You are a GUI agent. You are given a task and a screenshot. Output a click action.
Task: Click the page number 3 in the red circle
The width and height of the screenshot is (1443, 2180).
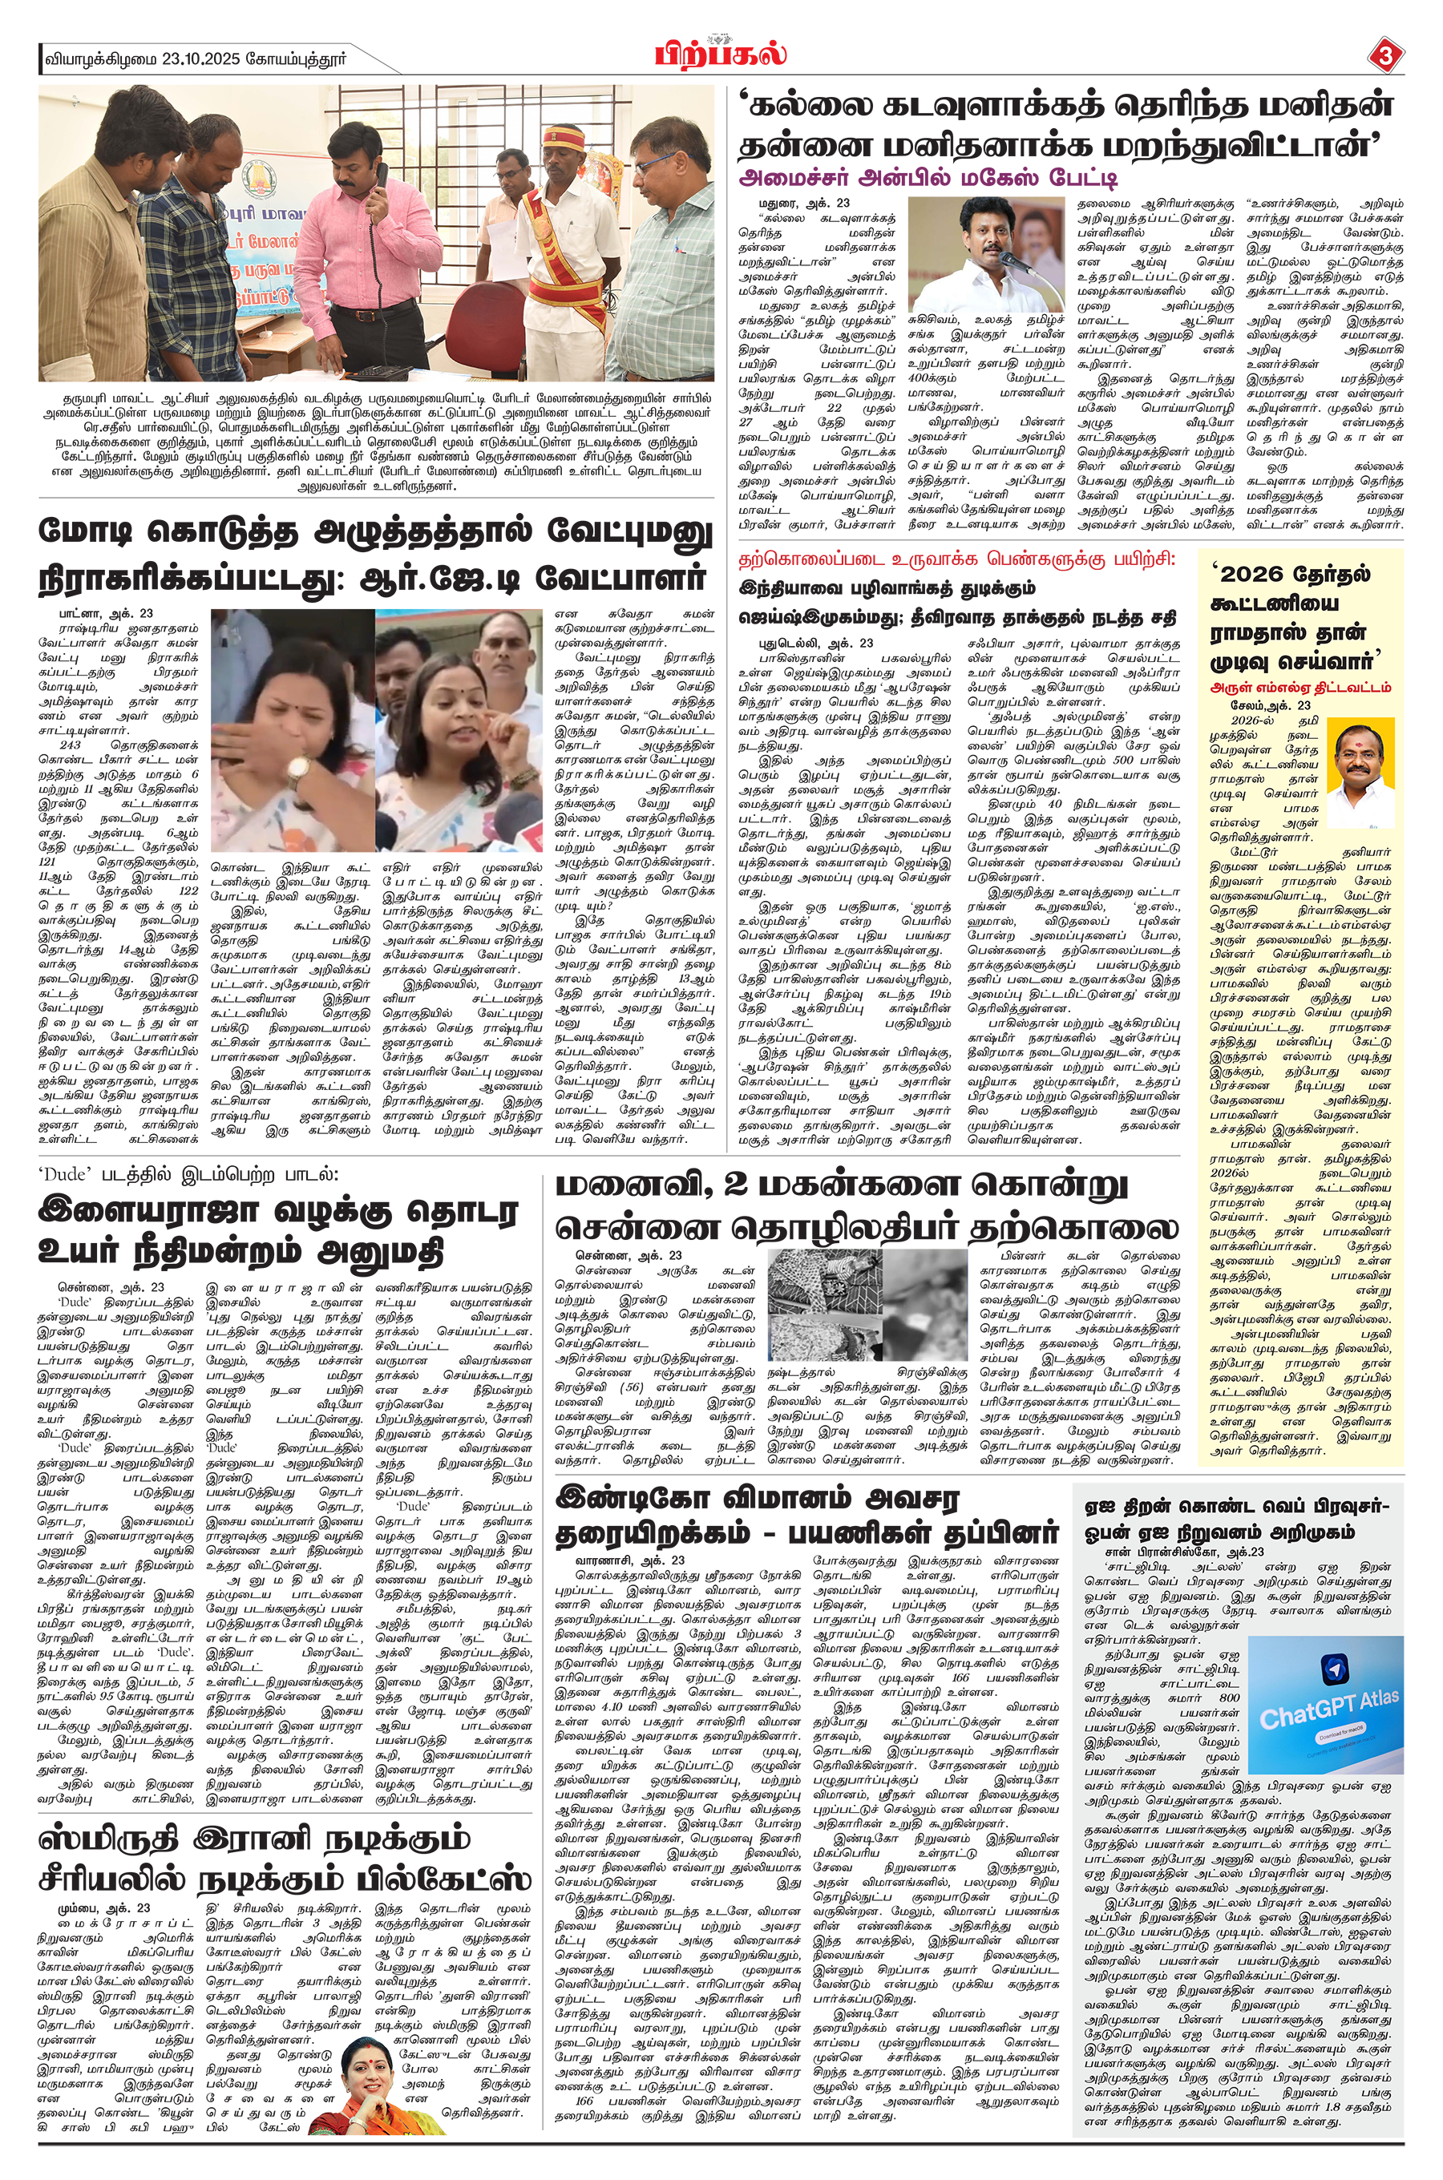[1386, 56]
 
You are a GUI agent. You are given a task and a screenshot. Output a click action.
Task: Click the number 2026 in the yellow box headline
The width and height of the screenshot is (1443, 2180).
[1251, 575]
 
